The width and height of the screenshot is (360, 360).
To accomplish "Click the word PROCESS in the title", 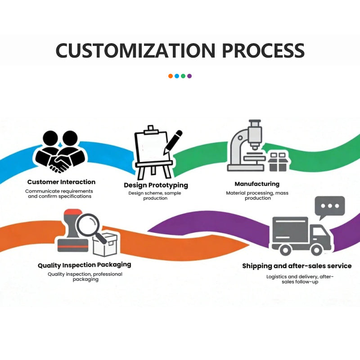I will [263, 50].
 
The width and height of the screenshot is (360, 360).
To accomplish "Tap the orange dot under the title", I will [171, 76].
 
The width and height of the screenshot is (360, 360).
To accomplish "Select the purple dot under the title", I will [189, 76].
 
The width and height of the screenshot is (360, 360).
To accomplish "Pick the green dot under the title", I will [183, 76].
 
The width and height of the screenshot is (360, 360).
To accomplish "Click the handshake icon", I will [60, 153].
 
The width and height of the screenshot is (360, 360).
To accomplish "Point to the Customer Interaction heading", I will [61, 182].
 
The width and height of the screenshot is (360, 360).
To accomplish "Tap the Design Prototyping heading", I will [156, 185].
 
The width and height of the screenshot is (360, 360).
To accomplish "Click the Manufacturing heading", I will [257, 184].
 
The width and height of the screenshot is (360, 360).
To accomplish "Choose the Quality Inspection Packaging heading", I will [85, 265].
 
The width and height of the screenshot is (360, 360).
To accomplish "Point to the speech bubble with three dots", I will [329, 207].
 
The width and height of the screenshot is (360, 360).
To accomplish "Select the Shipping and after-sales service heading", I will [297, 266].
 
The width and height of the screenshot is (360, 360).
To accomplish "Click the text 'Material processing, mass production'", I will [257, 195].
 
